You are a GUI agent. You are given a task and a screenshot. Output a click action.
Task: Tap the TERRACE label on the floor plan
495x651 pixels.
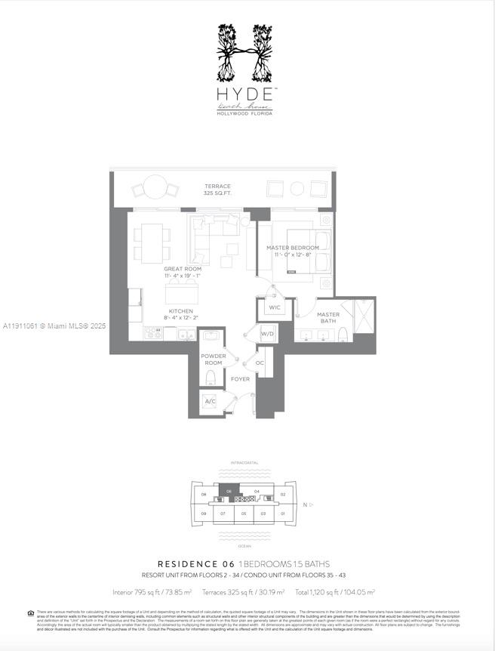pos(217,187)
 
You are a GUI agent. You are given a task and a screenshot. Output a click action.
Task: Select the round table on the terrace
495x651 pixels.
pos(156,187)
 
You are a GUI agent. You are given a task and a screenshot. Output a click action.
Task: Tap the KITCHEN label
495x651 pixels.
pos(181,311)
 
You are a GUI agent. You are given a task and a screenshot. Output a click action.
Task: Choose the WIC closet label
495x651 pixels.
pos(273,307)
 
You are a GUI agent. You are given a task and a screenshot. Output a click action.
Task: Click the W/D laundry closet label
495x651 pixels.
pos(267,334)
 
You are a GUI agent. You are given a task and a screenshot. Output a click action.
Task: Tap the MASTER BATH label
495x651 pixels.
pos(328,318)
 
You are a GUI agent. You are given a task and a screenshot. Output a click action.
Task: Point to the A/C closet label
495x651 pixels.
pos(211,401)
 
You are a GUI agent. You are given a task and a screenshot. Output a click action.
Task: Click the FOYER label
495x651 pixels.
pos(240,379)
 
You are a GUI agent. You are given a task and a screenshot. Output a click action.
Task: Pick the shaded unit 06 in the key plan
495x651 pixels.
pos(229,492)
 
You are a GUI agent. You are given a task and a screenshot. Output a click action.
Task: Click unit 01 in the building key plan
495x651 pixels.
pos(283,514)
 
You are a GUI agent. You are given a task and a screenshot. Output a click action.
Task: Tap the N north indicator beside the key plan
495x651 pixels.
pos(305,504)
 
